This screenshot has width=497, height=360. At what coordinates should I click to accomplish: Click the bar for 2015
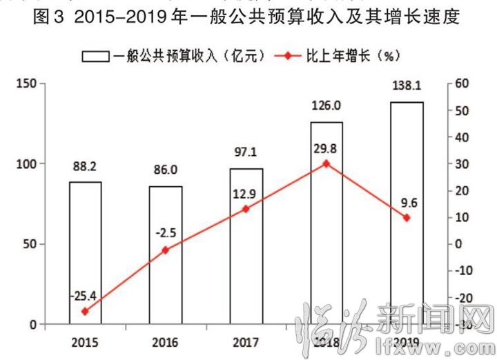pos(85,252)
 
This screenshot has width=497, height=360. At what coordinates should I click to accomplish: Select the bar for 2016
pos(166,255)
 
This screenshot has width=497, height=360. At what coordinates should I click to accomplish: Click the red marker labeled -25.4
pos(85,312)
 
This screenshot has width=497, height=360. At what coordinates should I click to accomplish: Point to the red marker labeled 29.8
pos(326,164)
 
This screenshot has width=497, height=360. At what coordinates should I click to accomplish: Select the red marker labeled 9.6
pos(407,218)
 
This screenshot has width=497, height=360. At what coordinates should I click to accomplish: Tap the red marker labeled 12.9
pos(246,209)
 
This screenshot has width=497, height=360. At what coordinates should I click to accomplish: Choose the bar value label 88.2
pos(85,166)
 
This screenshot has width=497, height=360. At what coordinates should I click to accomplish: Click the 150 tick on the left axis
pos(28,83)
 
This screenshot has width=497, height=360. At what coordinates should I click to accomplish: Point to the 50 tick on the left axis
pos(31,244)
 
